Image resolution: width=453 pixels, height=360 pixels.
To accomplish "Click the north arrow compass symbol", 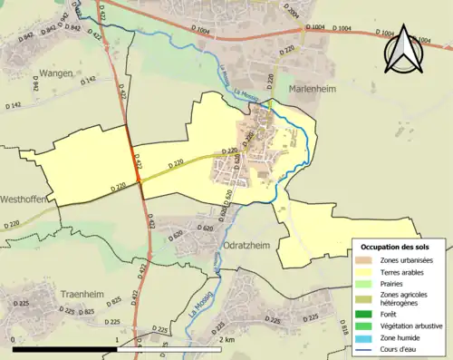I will coord(403,44).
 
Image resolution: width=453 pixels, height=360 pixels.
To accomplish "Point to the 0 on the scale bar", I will coord(14,338).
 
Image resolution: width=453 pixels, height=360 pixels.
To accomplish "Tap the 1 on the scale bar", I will coord(117,338).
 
